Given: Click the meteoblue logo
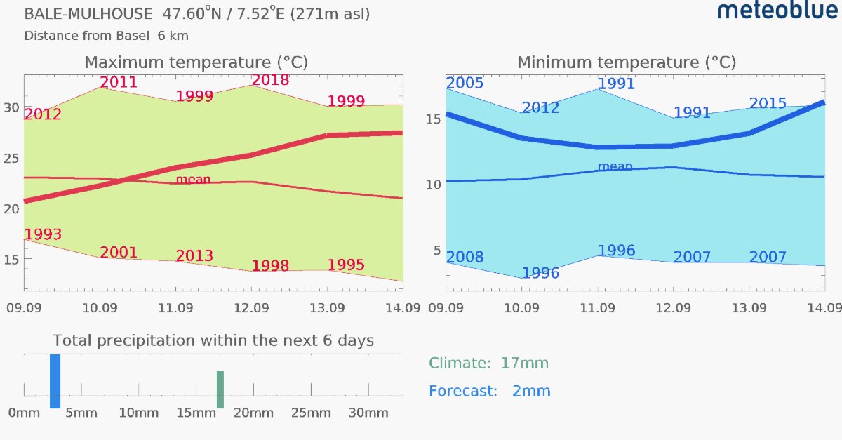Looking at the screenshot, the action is coord(777,10).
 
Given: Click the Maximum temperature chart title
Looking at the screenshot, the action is coord(196,62).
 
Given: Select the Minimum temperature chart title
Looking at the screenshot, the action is coord(627,62).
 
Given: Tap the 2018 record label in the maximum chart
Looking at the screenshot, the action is coord(270,80).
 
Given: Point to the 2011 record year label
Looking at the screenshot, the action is coord(119,82).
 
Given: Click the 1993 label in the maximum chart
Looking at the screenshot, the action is coord(43,234).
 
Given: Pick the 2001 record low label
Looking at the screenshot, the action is coord(119,253).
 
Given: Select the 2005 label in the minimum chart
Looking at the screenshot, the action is coord(465,83).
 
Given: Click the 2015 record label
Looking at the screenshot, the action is coord(768,103).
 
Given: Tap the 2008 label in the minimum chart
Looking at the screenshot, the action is coord(465,258).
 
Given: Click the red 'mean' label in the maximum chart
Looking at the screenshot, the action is coord(193,180).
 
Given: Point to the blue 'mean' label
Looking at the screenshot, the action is coord(615,166).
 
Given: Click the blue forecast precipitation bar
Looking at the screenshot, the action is coord(55,381).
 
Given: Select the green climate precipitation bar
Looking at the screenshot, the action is coord(220,389).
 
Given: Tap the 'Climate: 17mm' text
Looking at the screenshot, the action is coord(488,364).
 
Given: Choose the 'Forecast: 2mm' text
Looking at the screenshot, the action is coord(490,391).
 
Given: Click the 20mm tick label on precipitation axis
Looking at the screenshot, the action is coord(253,413).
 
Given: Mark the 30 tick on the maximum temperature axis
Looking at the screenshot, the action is coord(11,108).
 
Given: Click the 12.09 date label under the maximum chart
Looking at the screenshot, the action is coord(251,308).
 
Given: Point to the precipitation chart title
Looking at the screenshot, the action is coord(213,341).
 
